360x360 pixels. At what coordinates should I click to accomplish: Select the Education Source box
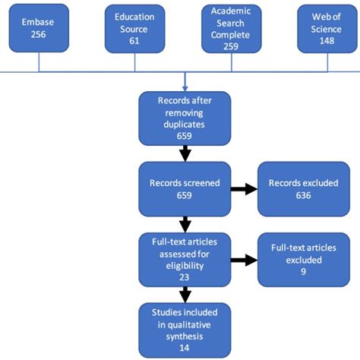[x=134, y=29]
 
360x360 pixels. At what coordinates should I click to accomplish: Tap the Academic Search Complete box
[x=232, y=29]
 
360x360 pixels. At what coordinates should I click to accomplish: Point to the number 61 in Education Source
[x=134, y=41]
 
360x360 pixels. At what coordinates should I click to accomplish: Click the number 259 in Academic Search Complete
[x=232, y=46]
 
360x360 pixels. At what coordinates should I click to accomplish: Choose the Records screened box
[x=185, y=189]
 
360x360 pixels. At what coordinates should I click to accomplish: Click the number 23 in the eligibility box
[x=185, y=278]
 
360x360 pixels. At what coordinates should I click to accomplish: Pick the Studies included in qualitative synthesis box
[x=185, y=328]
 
